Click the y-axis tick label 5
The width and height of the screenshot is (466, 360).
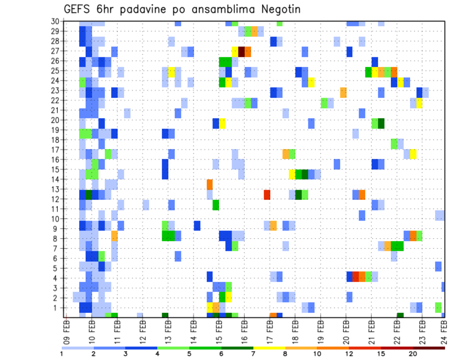coord(56,268)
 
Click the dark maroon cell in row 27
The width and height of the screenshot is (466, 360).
coord(241,51)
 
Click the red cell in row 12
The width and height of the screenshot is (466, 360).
coord(267,195)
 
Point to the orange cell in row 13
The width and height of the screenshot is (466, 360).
coord(210,184)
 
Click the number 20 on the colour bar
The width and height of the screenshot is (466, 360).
coord(413,353)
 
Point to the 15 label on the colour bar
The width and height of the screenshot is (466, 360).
coord(382,353)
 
